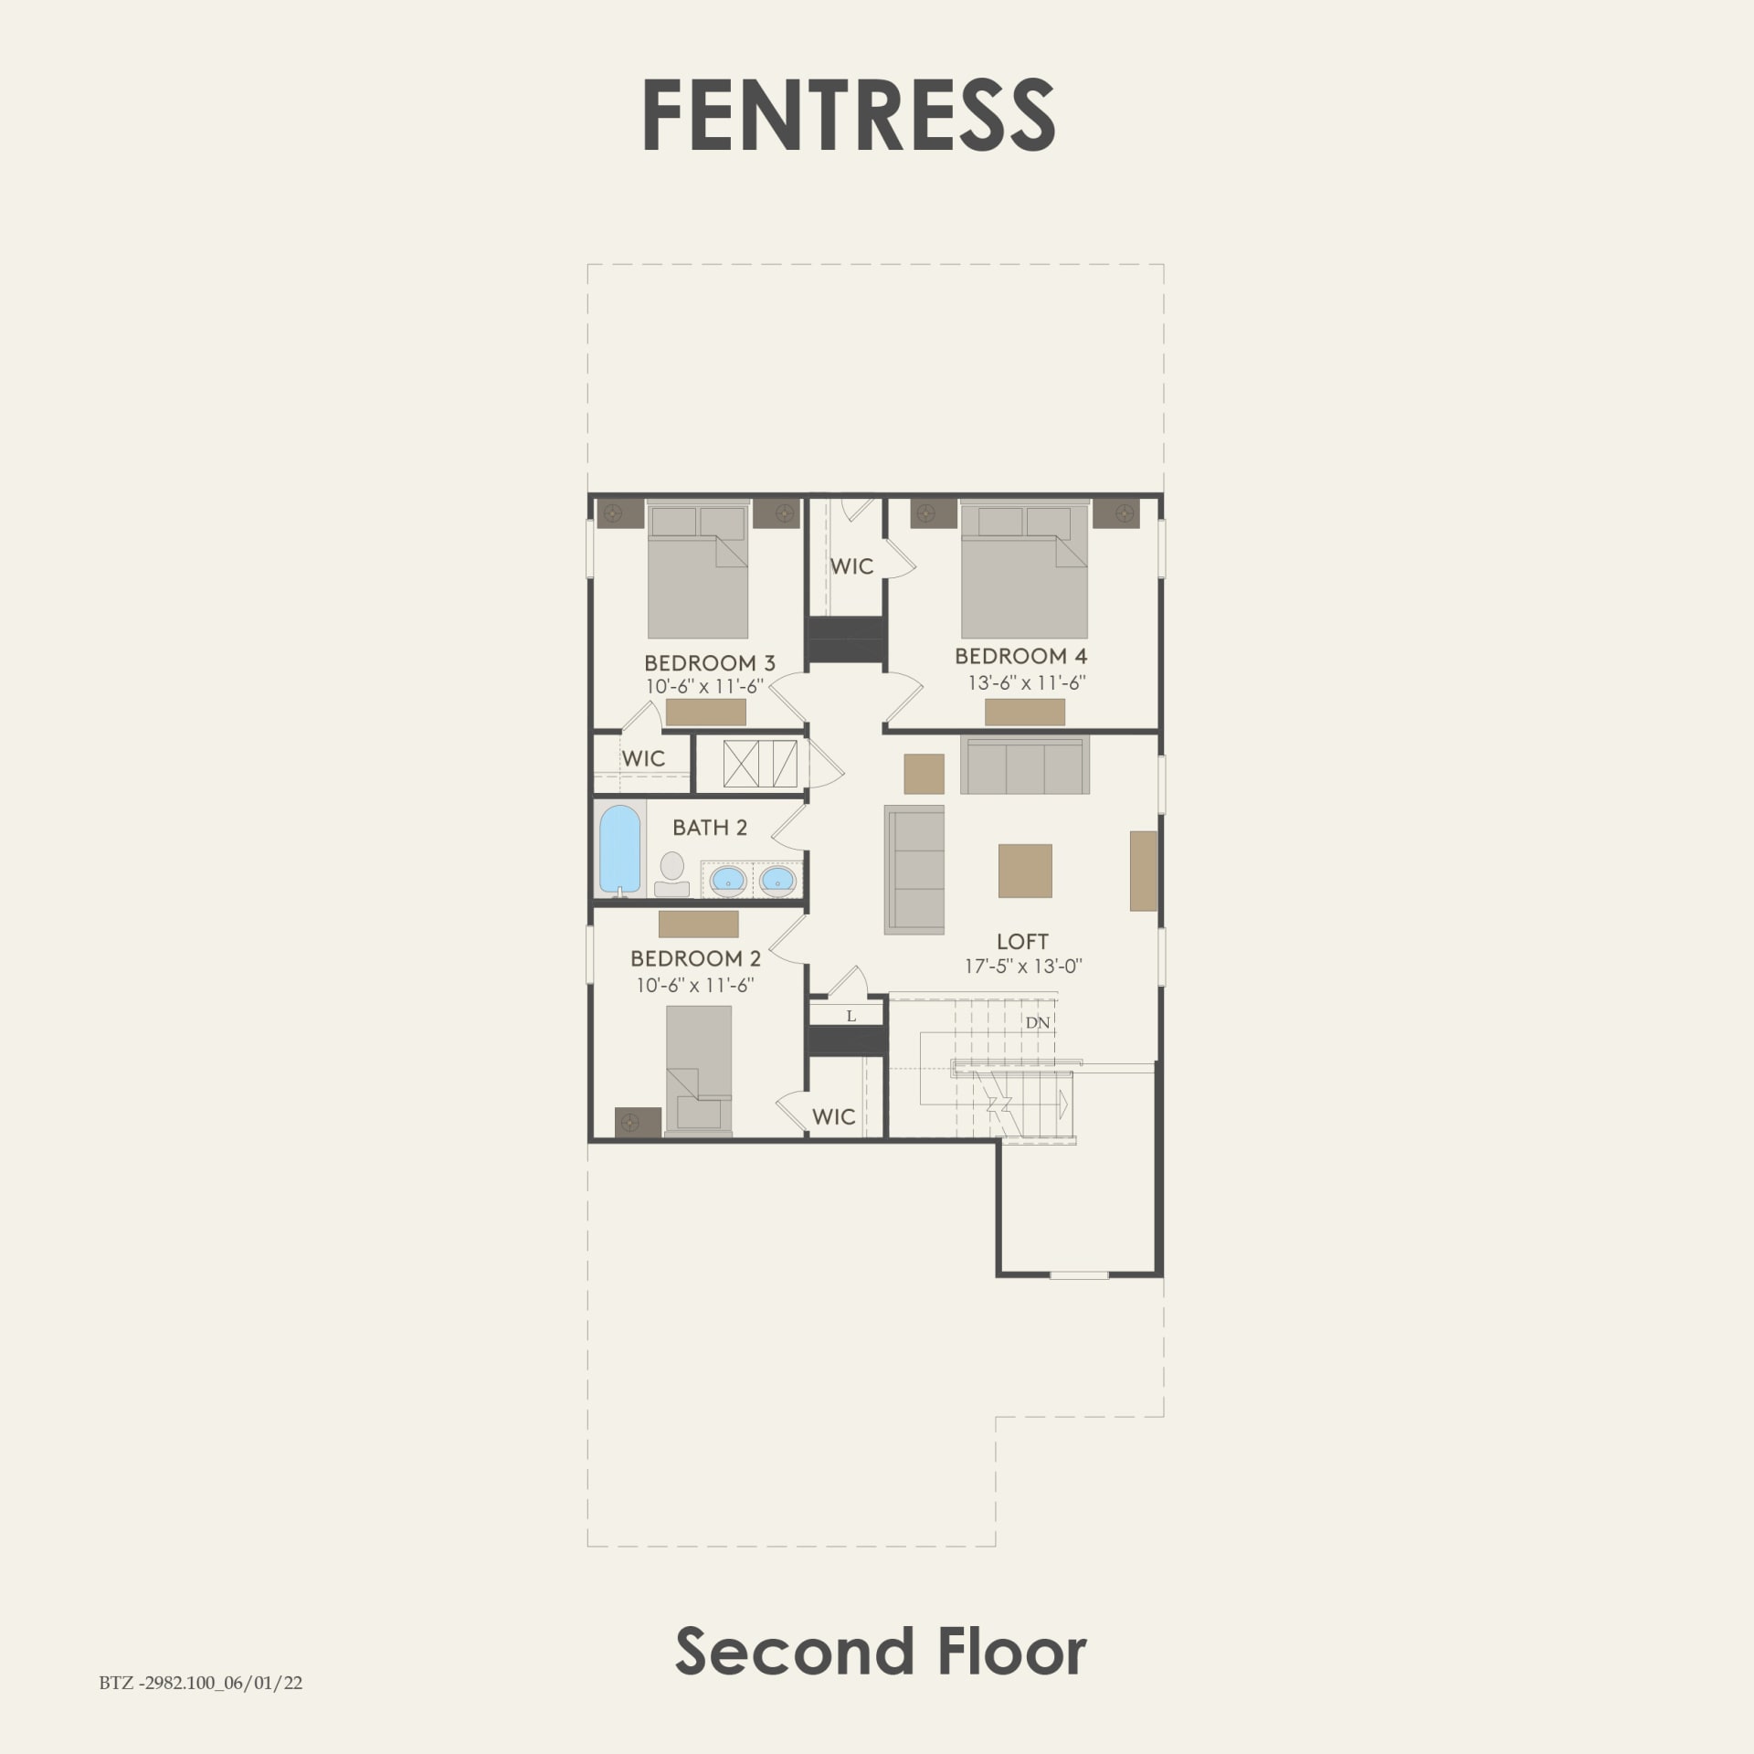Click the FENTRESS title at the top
point(849,116)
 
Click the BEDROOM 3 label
point(710,663)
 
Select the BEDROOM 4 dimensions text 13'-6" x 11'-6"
point(1027,682)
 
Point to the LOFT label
point(1022,941)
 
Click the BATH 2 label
point(710,828)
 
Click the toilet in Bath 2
point(672,873)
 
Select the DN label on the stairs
point(1037,1022)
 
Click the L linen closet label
point(851,1016)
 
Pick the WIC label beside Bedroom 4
point(851,566)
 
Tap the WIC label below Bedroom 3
point(643,758)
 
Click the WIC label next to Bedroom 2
point(833,1116)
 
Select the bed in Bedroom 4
point(1024,571)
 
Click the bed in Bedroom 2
point(699,1069)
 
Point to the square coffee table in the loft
point(1025,871)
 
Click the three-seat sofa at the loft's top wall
point(1024,766)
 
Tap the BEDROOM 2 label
point(695,958)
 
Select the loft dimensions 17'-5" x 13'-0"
point(1023,967)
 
